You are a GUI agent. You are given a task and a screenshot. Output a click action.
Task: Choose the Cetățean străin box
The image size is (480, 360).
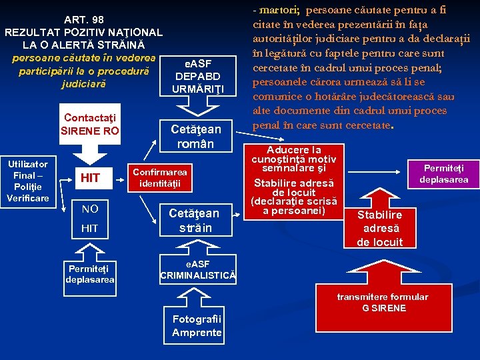(194, 220)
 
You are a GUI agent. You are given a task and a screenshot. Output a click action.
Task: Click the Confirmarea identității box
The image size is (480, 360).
(160, 177)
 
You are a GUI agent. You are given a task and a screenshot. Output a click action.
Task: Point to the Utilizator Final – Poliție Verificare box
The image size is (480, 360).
(27, 181)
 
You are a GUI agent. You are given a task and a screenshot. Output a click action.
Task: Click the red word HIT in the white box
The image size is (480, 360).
(90, 177)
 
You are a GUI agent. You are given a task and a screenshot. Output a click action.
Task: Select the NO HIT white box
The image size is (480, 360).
(90, 219)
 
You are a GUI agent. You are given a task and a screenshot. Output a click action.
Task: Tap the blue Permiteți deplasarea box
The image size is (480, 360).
(90, 274)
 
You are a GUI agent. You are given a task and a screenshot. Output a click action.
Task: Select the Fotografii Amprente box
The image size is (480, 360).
(197, 326)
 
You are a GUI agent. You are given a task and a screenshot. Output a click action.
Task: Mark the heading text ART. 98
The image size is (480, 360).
(83, 19)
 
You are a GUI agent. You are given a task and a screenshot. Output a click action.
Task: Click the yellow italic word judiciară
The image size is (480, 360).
(83, 85)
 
